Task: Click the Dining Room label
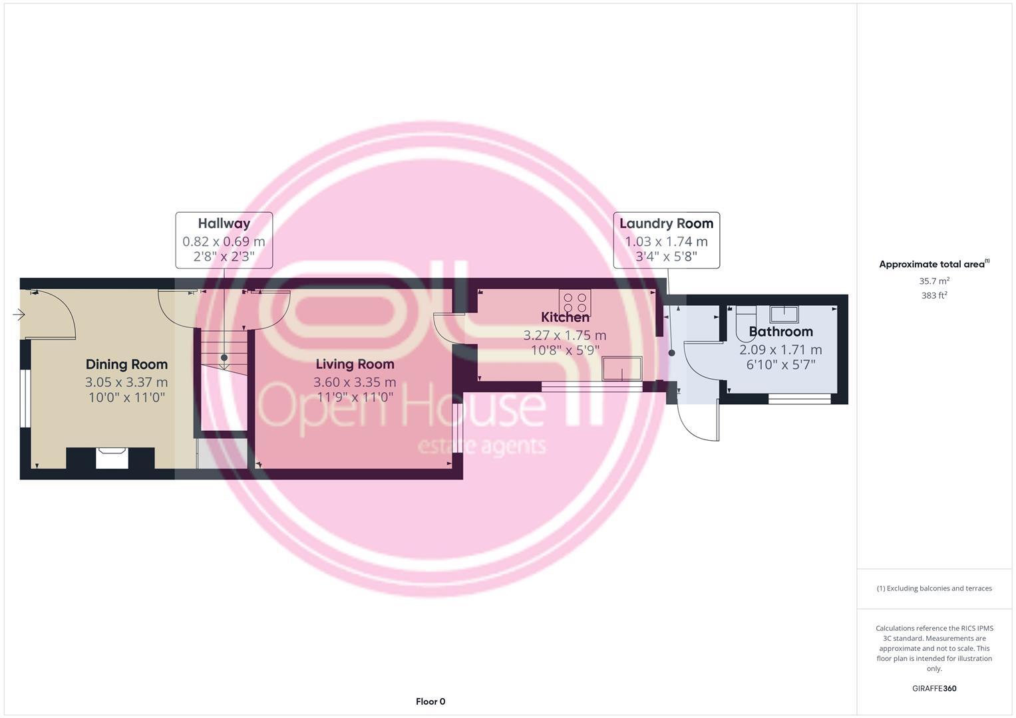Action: (x=126, y=364)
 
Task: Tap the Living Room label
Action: (x=355, y=364)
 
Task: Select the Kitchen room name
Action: (x=565, y=317)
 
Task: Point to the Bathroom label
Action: (x=780, y=332)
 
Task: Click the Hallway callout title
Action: (x=224, y=223)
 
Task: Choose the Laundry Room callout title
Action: (x=666, y=223)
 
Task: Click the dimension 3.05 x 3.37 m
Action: (x=126, y=382)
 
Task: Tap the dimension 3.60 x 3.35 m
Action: (x=355, y=382)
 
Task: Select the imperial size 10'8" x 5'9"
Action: (x=565, y=350)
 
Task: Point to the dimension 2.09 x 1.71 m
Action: (x=780, y=350)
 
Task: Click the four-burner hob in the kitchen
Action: (x=576, y=304)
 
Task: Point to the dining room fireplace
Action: (x=111, y=458)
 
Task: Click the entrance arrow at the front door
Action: (x=19, y=314)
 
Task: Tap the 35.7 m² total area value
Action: (x=933, y=281)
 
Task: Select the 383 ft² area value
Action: (x=933, y=295)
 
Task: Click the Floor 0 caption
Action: (x=430, y=701)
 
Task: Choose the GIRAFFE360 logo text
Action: (x=933, y=689)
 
